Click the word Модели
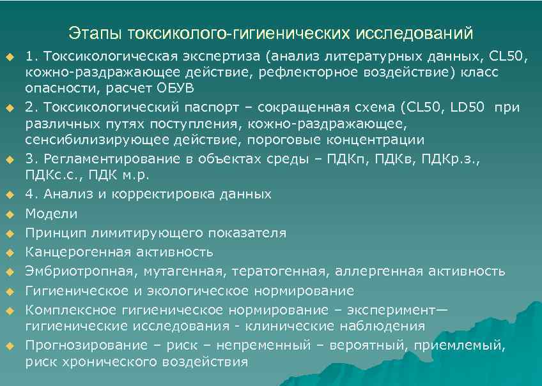(51, 214)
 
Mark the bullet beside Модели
(9, 214)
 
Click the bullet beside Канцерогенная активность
(9, 252)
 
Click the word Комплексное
(69, 311)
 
